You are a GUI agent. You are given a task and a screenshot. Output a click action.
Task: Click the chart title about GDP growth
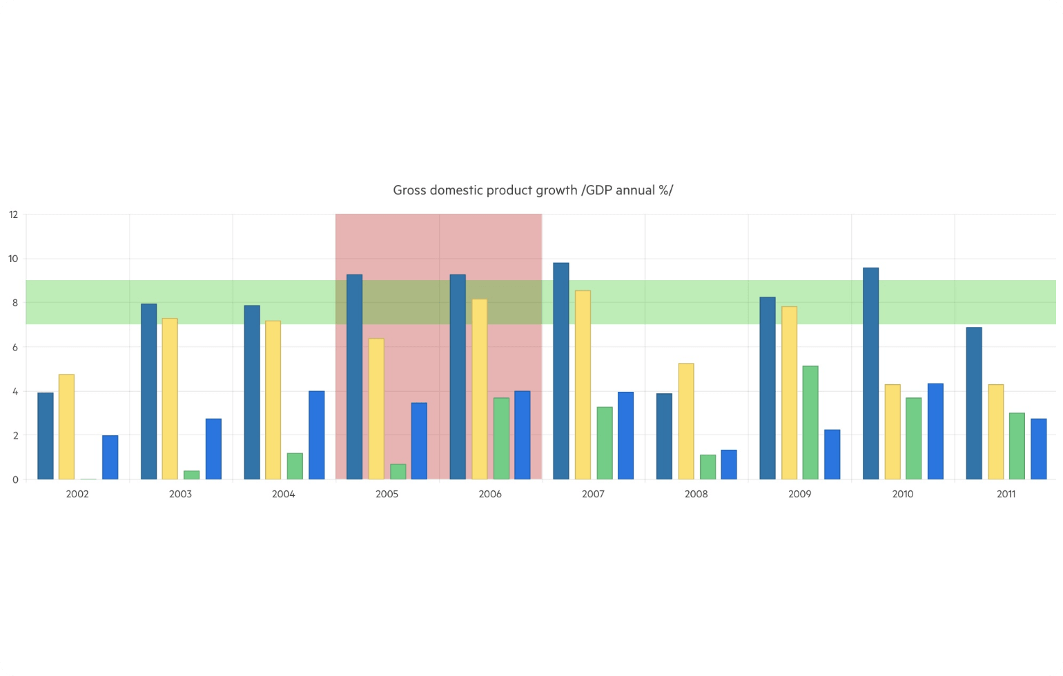click(532, 190)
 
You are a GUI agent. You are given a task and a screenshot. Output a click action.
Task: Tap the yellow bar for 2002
click(66, 427)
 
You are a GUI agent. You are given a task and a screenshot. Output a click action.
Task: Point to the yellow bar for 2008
click(686, 421)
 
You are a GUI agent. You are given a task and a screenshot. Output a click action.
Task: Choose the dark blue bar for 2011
click(974, 404)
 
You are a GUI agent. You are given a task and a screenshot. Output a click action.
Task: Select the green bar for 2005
click(398, 472)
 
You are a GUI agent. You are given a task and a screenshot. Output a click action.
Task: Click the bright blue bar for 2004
click(317, 435)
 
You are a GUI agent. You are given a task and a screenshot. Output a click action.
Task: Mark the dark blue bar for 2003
click(149, 392)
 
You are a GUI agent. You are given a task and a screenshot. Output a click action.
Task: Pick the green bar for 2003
click(192, 475)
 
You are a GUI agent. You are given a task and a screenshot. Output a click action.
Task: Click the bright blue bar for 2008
click(729, 465)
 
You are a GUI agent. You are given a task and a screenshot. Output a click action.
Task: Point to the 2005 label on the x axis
click(387, 494)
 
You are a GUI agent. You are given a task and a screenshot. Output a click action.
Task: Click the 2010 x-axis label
click(903, 494)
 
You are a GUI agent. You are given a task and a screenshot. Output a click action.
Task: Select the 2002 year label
click(77, 494)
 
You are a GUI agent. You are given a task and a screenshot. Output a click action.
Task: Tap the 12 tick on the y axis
click(13, 215)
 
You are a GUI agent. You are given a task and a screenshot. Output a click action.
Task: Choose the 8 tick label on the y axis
click(14, 303)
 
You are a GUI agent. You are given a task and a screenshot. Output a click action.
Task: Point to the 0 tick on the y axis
click(14, 479)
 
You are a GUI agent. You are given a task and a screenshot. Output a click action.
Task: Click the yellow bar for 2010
click(893, 432)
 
